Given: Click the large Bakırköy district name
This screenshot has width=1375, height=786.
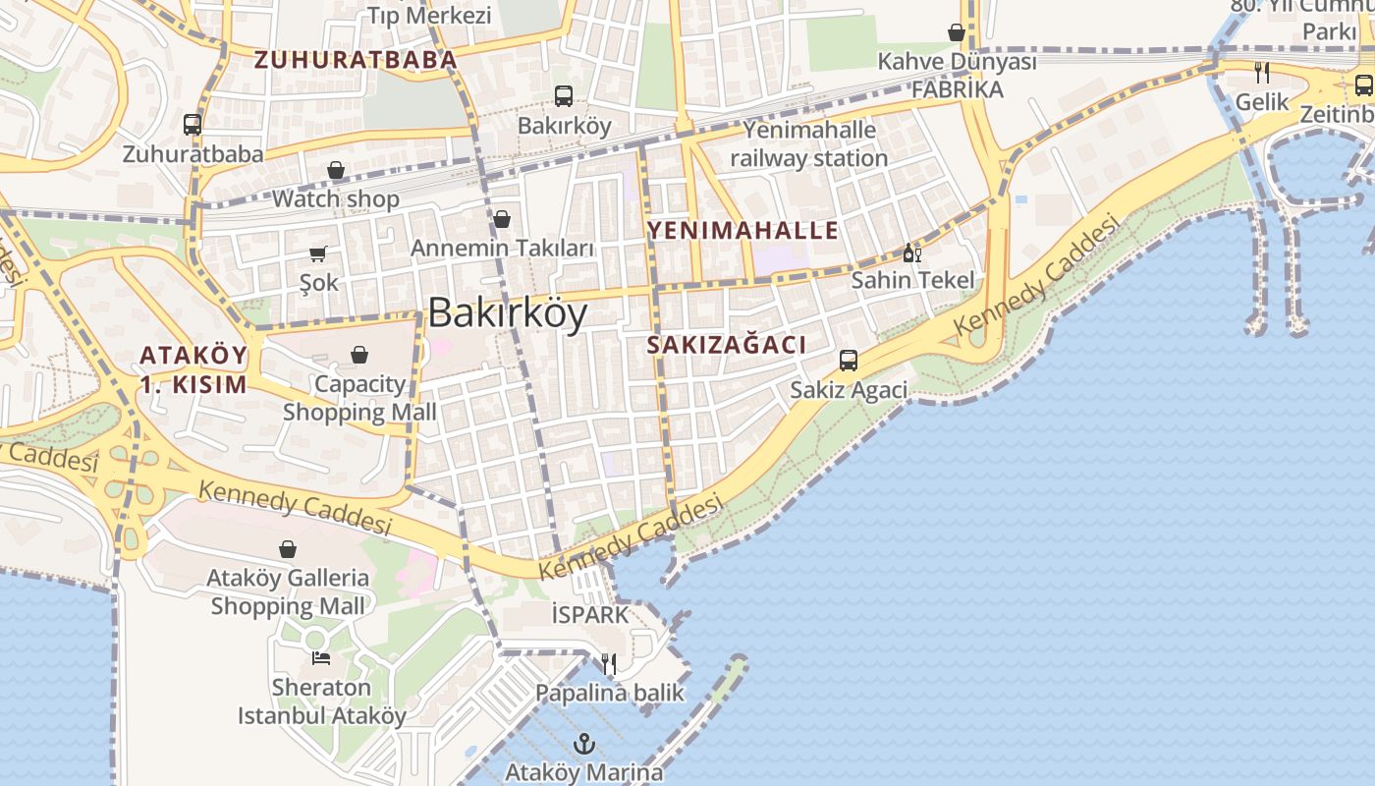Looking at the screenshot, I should coord(508,313).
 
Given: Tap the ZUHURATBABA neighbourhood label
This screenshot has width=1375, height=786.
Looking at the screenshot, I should coord(357,60).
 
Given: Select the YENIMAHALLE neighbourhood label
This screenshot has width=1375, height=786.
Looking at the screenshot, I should coord(742,231).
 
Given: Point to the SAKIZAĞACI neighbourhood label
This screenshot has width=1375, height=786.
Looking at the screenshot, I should coord(727,345).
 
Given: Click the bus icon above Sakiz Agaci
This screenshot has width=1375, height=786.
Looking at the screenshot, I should coord(849,361).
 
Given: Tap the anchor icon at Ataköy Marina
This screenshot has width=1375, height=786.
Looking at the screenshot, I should coord(584,743).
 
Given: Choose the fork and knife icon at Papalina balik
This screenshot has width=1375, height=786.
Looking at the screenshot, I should coord(609,664).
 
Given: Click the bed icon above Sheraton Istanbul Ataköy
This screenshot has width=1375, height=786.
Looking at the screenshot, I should coord(320,658).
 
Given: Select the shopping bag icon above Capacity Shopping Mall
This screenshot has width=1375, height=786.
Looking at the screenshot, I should coord(359,355).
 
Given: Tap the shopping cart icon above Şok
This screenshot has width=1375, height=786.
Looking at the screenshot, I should coord(318,254).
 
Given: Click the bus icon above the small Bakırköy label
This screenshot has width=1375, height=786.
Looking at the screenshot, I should coord(564,96).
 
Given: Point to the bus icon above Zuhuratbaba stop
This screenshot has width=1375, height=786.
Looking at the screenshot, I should coord(192,125).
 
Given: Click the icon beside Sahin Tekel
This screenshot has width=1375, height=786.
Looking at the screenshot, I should coord(912,253).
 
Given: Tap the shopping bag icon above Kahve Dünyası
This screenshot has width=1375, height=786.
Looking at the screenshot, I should coord(957,33).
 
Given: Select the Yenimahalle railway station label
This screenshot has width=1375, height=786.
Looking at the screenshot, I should coord(808,143).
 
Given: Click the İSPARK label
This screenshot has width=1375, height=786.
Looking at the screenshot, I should coord(589,615).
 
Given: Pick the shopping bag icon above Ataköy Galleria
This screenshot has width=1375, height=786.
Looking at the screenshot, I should coord(288,549).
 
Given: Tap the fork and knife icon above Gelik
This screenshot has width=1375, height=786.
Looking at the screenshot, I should coord(1262,73).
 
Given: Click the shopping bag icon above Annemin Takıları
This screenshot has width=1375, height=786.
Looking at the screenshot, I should coord(502,219).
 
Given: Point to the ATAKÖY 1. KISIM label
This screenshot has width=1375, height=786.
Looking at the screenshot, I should coord(192,369).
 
